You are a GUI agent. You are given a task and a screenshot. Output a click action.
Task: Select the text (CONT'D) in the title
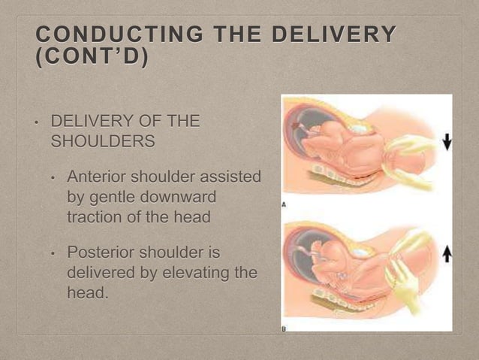click(92, 57)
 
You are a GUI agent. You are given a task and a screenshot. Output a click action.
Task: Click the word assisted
click(233, 177)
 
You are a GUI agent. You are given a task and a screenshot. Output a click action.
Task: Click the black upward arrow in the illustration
click(447, 256)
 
